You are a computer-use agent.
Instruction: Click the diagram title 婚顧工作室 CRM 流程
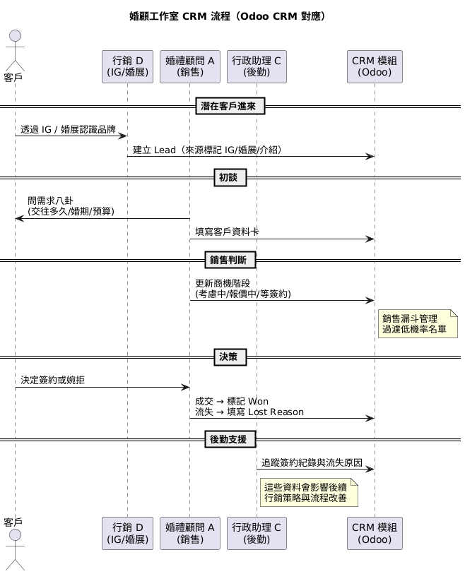228,16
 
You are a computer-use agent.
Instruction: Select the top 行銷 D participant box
127,66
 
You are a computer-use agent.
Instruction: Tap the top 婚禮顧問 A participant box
189,66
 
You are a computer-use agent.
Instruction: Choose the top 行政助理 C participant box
257,66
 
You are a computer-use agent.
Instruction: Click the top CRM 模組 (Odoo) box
374,66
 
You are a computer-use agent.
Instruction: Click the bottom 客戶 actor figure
15,547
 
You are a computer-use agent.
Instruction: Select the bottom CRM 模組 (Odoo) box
374,533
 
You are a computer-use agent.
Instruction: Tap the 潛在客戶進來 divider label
230,107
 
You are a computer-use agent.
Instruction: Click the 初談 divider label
230,178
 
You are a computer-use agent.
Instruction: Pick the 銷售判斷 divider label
230,260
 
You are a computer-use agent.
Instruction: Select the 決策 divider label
230,357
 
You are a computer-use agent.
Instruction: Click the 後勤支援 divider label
230,439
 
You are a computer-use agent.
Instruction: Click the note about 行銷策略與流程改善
308,492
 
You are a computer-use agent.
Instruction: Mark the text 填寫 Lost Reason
249,412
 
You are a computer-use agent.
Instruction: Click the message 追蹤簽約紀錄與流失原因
312,462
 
